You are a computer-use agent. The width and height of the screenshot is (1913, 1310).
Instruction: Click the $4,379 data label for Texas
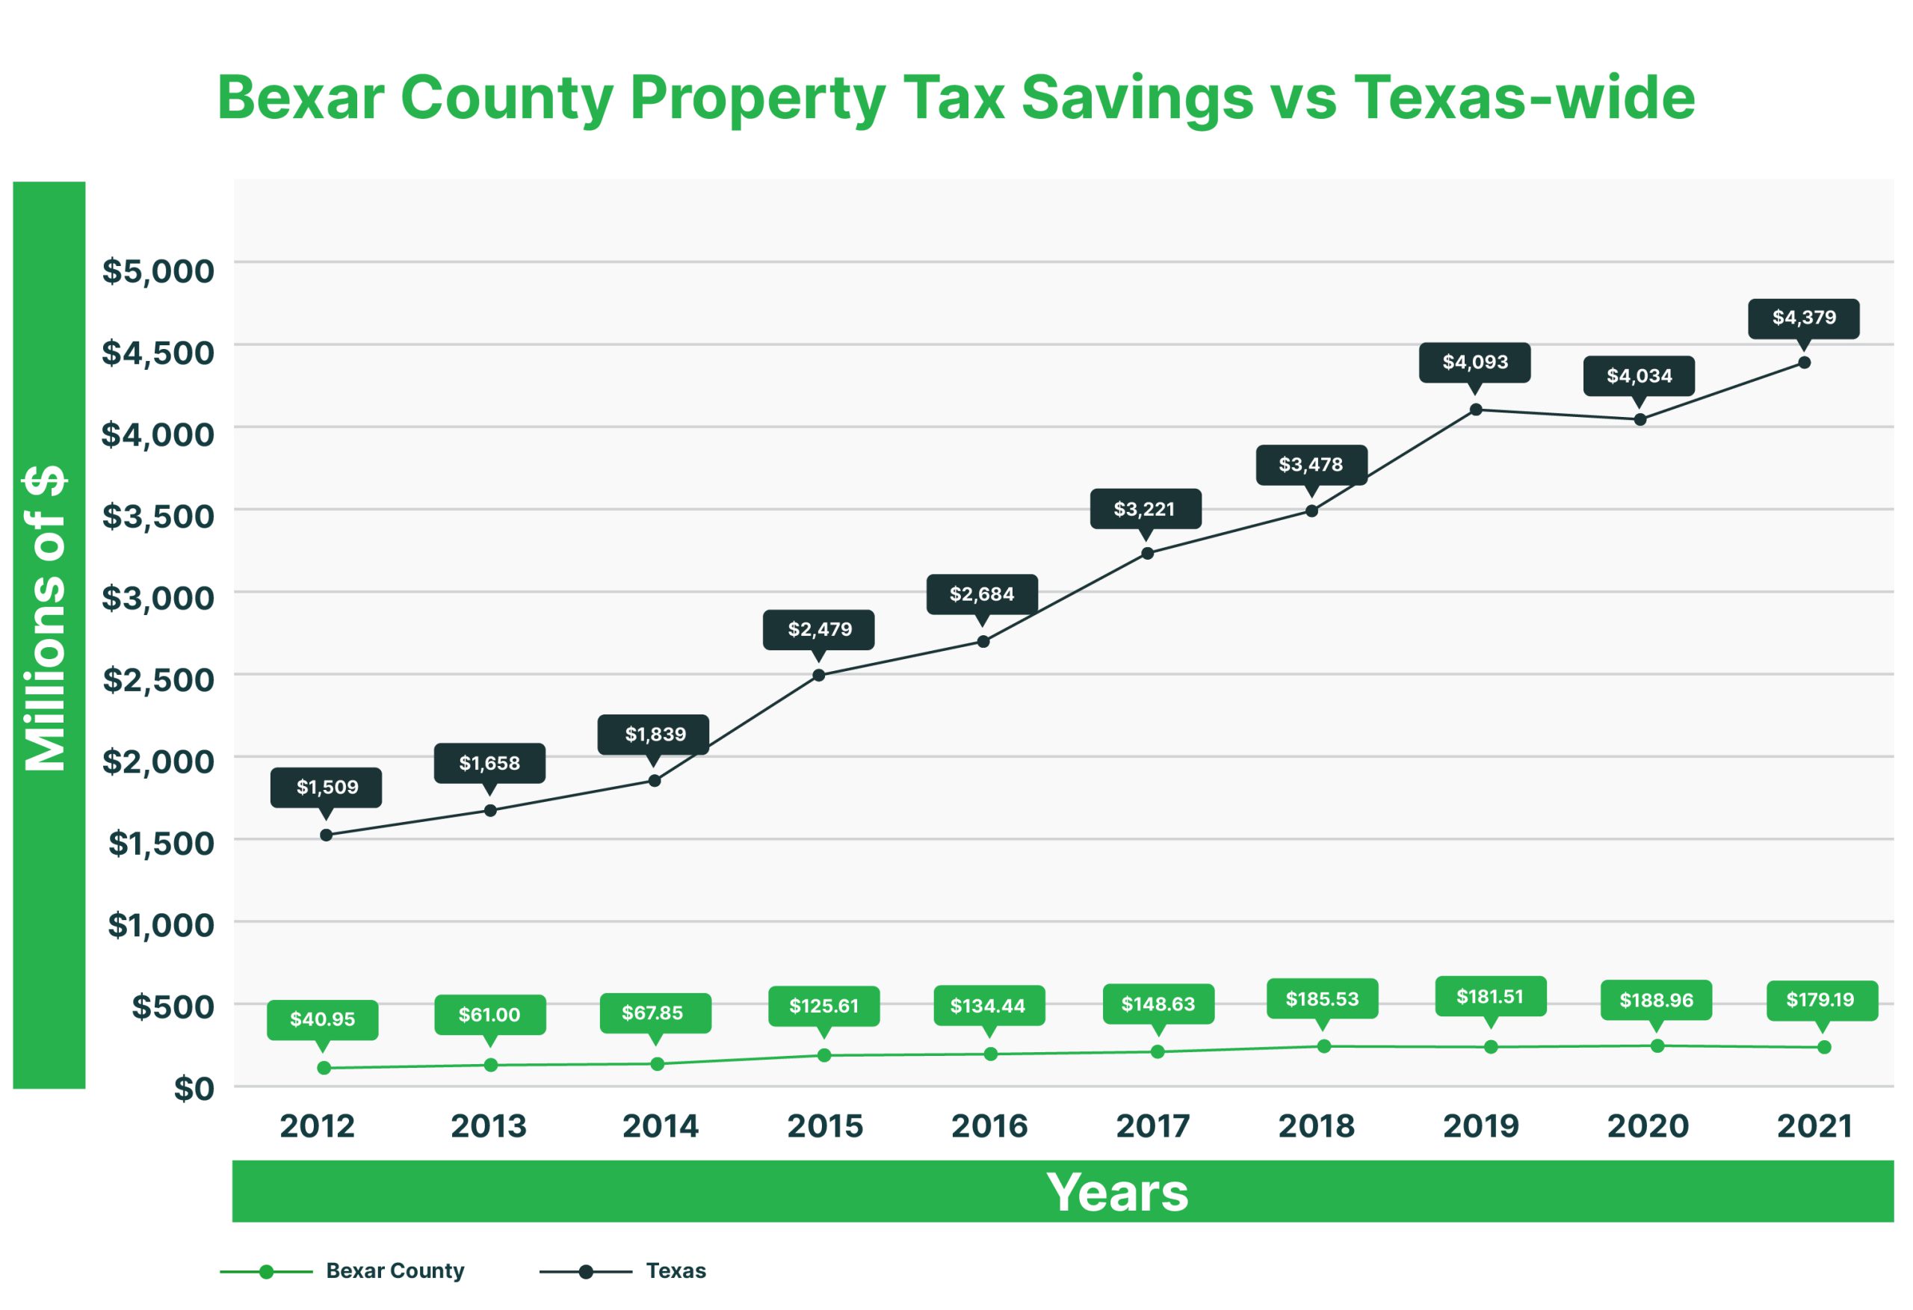point(1802,318)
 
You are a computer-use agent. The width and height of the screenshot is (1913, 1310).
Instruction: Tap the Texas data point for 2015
point(818,675)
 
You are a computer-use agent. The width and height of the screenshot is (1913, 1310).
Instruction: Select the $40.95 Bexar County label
point(322,1019)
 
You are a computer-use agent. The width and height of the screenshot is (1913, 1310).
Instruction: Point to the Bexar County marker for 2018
point(1323,1046)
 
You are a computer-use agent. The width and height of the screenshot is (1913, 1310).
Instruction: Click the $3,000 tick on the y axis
point(157,598)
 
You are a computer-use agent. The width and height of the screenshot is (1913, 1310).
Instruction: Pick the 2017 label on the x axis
point(1152,1125)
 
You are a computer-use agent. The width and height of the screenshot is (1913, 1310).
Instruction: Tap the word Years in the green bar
point(1117,1191)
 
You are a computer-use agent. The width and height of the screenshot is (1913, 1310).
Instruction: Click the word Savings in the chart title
point(1137,98)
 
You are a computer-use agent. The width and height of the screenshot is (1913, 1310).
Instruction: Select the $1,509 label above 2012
point(327,787)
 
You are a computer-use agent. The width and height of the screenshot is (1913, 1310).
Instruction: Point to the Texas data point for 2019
point(1476,410)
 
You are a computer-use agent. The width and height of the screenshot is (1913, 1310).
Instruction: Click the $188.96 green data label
point(1656,1001)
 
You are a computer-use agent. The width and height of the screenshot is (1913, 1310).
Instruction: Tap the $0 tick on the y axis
point(194,1089)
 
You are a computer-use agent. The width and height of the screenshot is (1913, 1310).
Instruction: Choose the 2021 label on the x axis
point(1814,1125)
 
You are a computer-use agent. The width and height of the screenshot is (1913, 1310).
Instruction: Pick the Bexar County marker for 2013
point(491,1065)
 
